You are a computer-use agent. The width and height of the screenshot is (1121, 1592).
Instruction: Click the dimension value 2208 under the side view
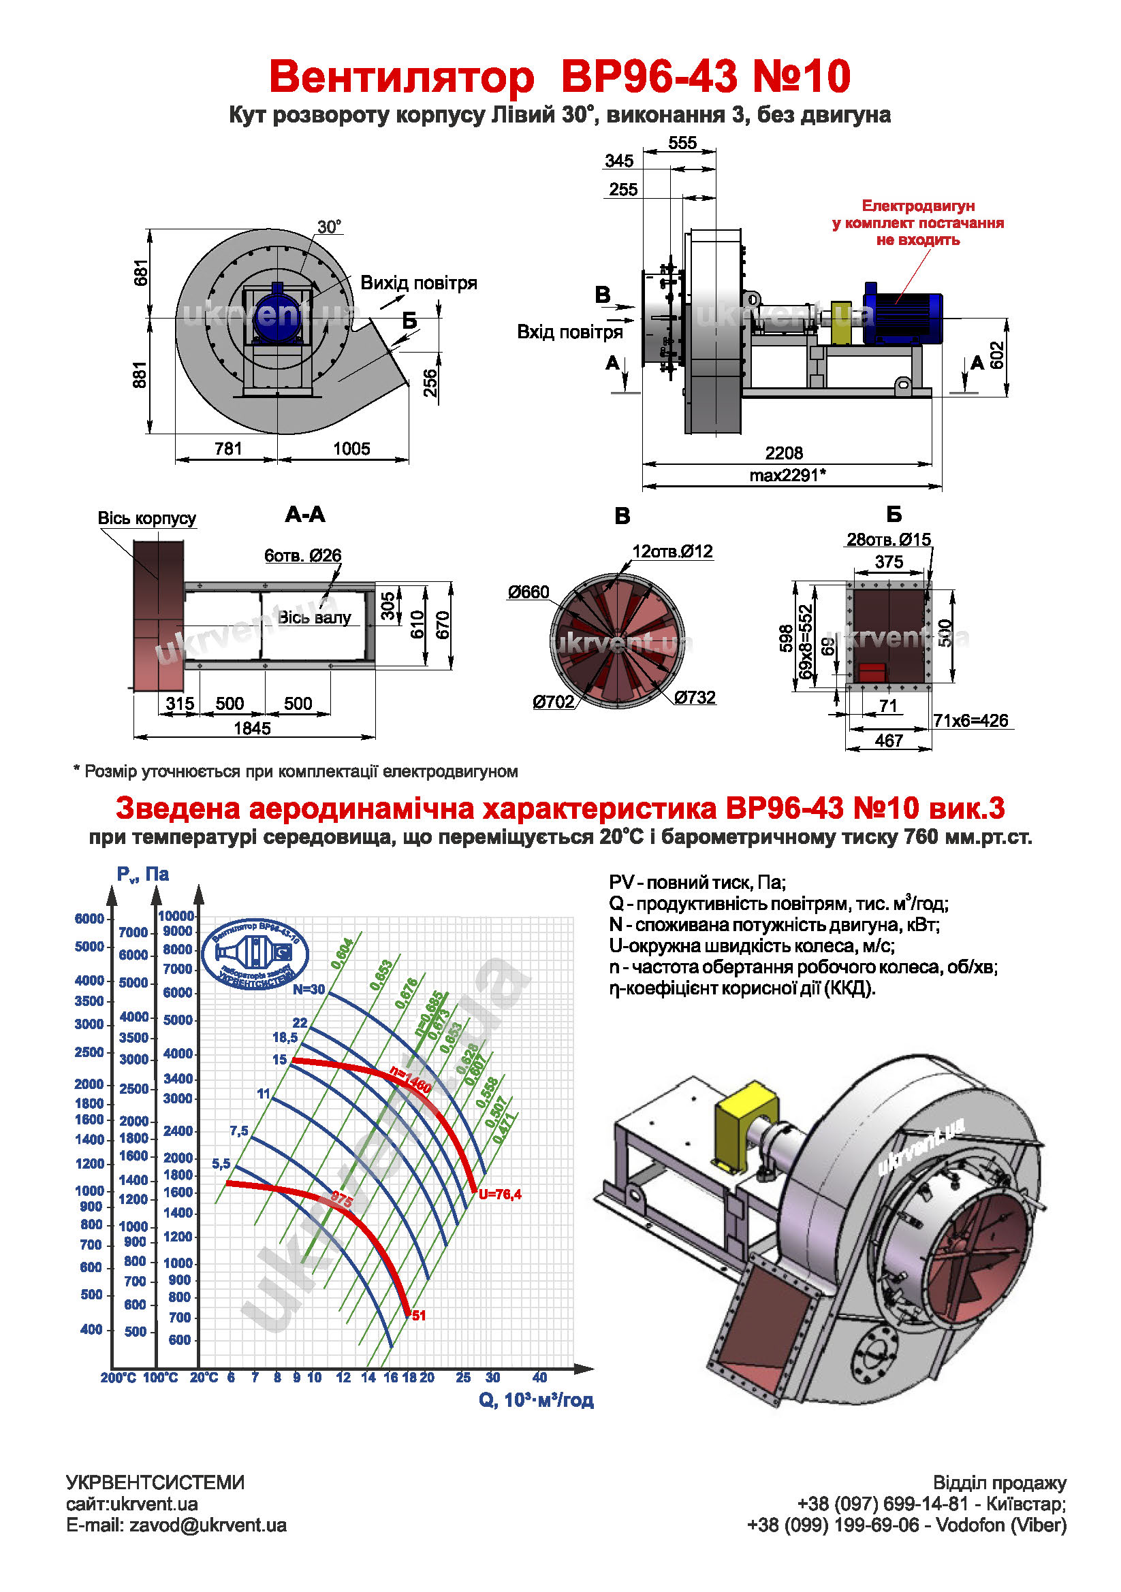pos(784,453)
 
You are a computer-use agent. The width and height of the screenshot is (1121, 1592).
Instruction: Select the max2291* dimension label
pos(787,476)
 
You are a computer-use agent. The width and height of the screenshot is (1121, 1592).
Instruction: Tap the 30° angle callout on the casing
pos(329,227)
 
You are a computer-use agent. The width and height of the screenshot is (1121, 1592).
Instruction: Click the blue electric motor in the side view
pos(902,312)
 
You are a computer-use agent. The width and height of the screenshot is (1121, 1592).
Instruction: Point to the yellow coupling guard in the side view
pos(842,323)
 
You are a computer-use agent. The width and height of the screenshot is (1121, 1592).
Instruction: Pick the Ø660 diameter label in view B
pos(528,592)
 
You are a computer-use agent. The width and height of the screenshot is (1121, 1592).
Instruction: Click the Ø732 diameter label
pos(695,698)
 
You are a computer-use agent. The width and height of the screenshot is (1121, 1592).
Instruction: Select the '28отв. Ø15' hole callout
pos(889,540)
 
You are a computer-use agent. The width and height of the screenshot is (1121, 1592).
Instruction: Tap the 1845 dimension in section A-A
pos(252,728)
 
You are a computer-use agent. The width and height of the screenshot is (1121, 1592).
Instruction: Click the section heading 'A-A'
pos(305,515)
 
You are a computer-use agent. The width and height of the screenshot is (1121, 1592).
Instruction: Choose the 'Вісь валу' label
pos(314,618)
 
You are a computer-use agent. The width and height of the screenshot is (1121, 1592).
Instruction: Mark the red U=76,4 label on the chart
pos(499,1194)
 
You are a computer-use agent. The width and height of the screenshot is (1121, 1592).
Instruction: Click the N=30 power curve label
pos(308,990)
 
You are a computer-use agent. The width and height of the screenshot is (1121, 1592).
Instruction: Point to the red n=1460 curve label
pos(411,1079)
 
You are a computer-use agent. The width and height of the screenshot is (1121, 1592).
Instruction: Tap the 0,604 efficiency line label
pos(343,954)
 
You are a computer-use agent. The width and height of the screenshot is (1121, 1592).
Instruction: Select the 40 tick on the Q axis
pos(539,1377)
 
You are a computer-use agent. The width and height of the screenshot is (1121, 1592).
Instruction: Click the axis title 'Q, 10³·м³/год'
pos(536,1400)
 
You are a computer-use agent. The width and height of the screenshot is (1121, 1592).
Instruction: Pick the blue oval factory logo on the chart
pos(255,954)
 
